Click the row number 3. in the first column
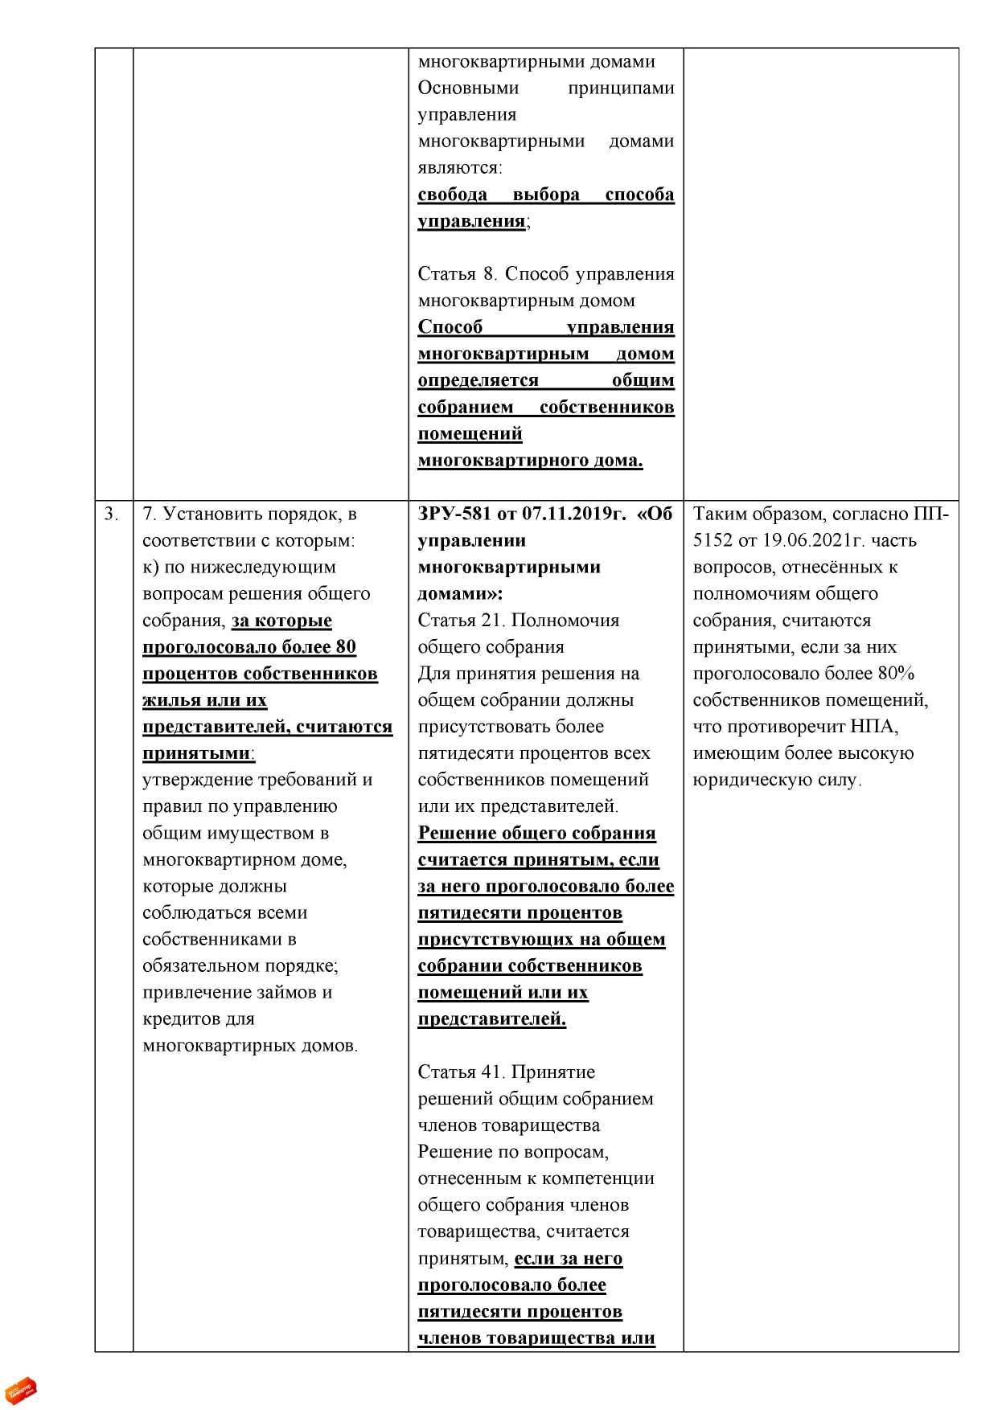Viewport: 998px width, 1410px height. [111, 514]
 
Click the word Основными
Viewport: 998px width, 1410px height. [468, 88]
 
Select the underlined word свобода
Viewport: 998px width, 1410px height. [452, 195]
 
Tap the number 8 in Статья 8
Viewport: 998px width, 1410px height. [488, 274]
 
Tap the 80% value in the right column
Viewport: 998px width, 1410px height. [896, 674]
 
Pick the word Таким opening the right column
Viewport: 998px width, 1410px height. [720, 514]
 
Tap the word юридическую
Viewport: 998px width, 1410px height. [744, 780]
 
